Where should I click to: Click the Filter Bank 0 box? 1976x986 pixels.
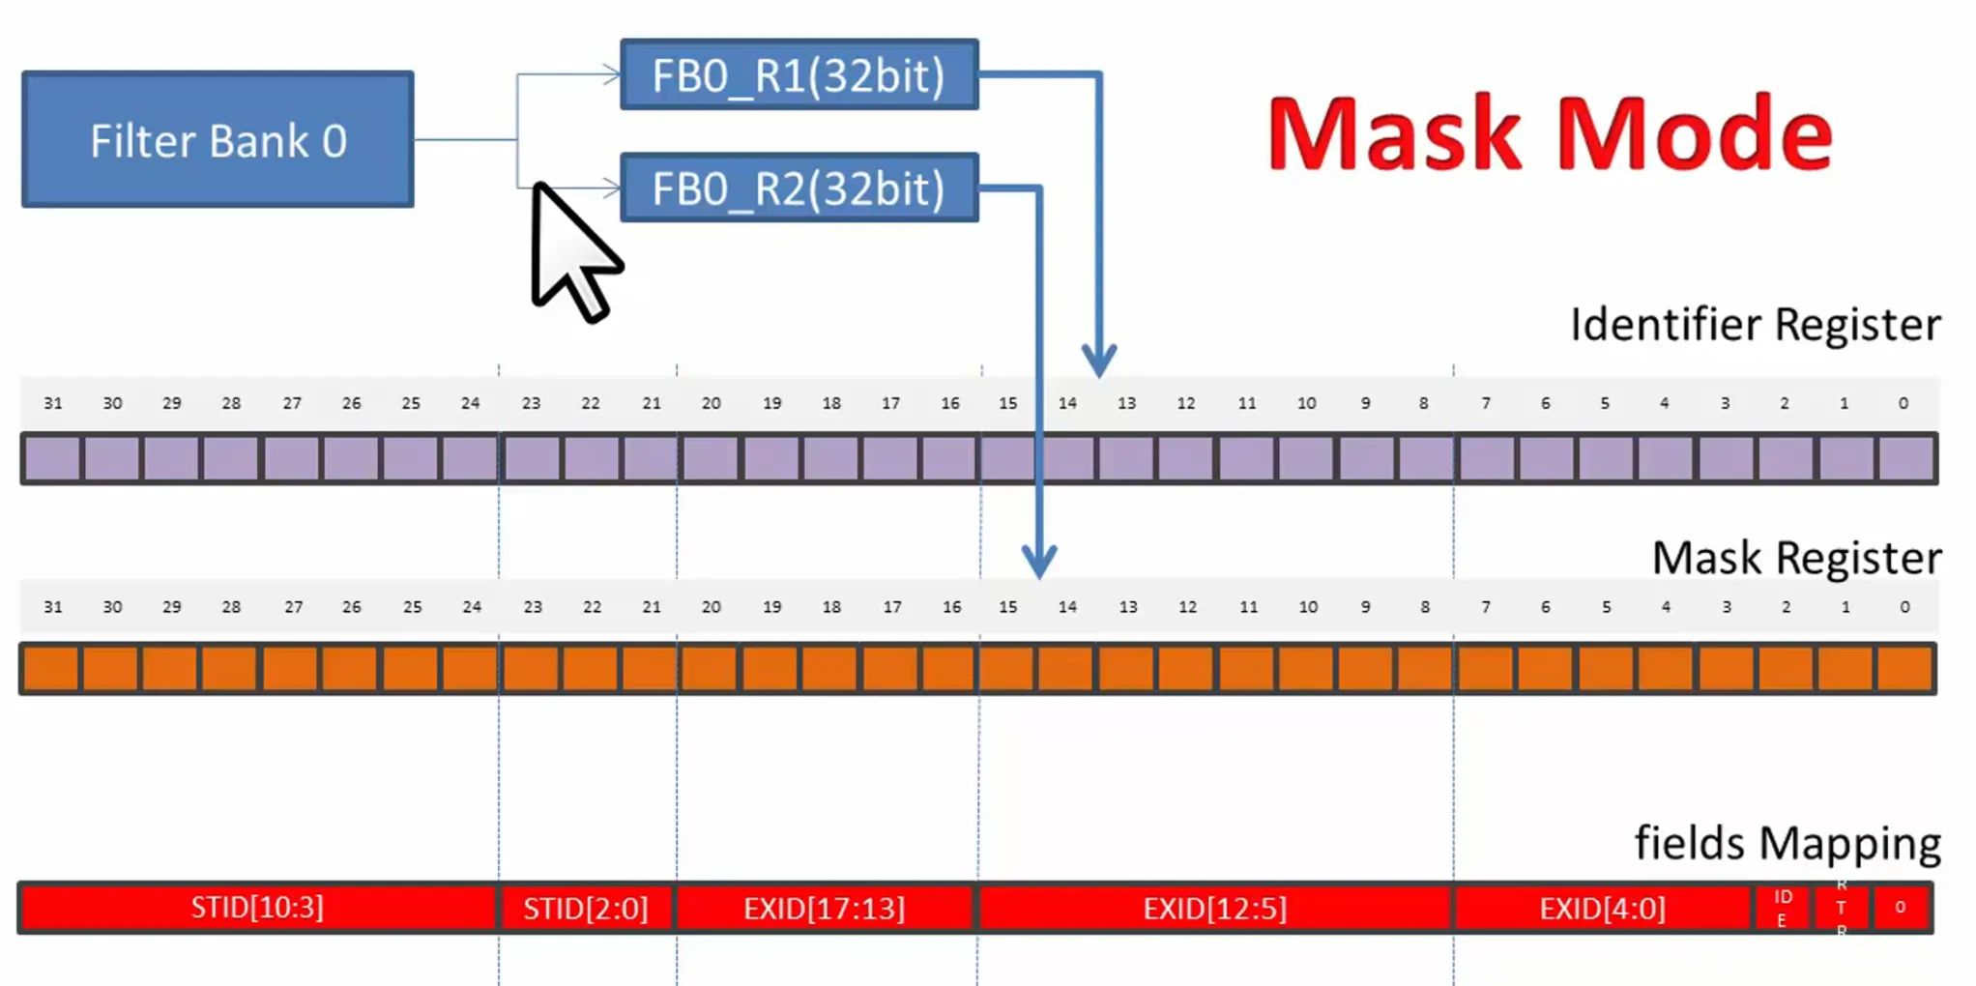[218, 140]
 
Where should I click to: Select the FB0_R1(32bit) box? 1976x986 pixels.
[799, 75]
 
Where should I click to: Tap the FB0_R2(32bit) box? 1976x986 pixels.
[799, 188]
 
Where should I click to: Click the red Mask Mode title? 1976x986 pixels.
[1550, 133]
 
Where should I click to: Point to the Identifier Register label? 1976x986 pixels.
[1755, 325]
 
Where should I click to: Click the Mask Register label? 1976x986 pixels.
[1796, 558]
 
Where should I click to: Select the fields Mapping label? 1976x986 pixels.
[1787, 843]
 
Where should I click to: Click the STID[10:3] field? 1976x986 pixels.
[257, 908]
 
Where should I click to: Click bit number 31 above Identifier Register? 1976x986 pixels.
[53, 403]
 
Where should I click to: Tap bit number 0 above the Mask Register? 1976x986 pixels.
[1904, 607]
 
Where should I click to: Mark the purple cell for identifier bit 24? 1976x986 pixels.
[470, 458]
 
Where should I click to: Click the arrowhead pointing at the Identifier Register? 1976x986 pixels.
[1099, 362]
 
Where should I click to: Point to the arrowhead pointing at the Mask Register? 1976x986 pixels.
[1039, 562]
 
